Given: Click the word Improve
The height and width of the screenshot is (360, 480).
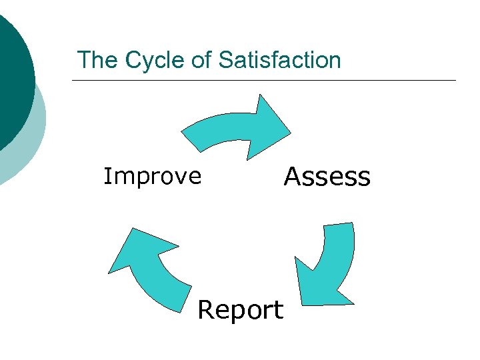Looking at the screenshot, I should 152,176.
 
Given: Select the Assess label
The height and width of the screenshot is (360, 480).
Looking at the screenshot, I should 327,177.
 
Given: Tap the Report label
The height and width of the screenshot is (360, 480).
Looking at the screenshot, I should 241,310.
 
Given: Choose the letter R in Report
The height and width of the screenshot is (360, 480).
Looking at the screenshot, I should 207,310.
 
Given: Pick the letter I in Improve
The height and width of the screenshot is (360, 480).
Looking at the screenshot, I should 107,176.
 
